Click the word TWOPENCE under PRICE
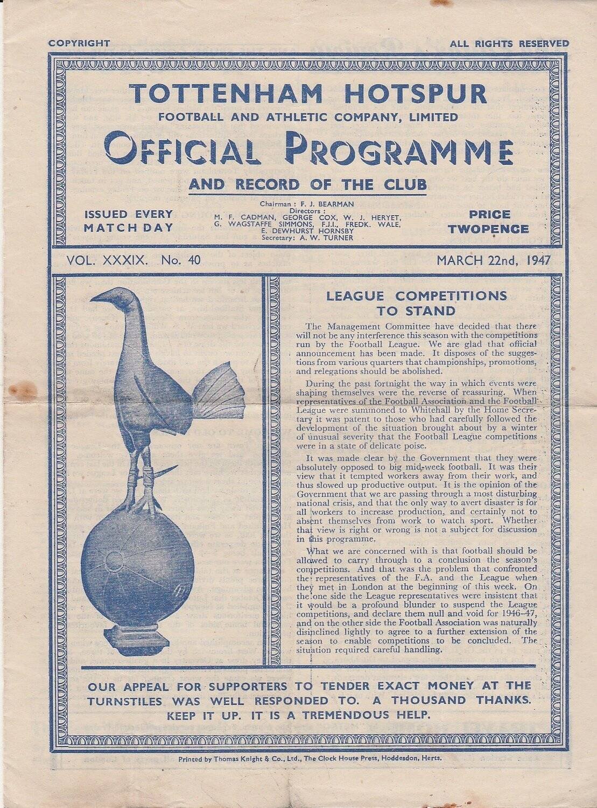488,229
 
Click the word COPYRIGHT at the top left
79,44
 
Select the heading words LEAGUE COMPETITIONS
417,295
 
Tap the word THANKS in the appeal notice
496,701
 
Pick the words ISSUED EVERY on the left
129,215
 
